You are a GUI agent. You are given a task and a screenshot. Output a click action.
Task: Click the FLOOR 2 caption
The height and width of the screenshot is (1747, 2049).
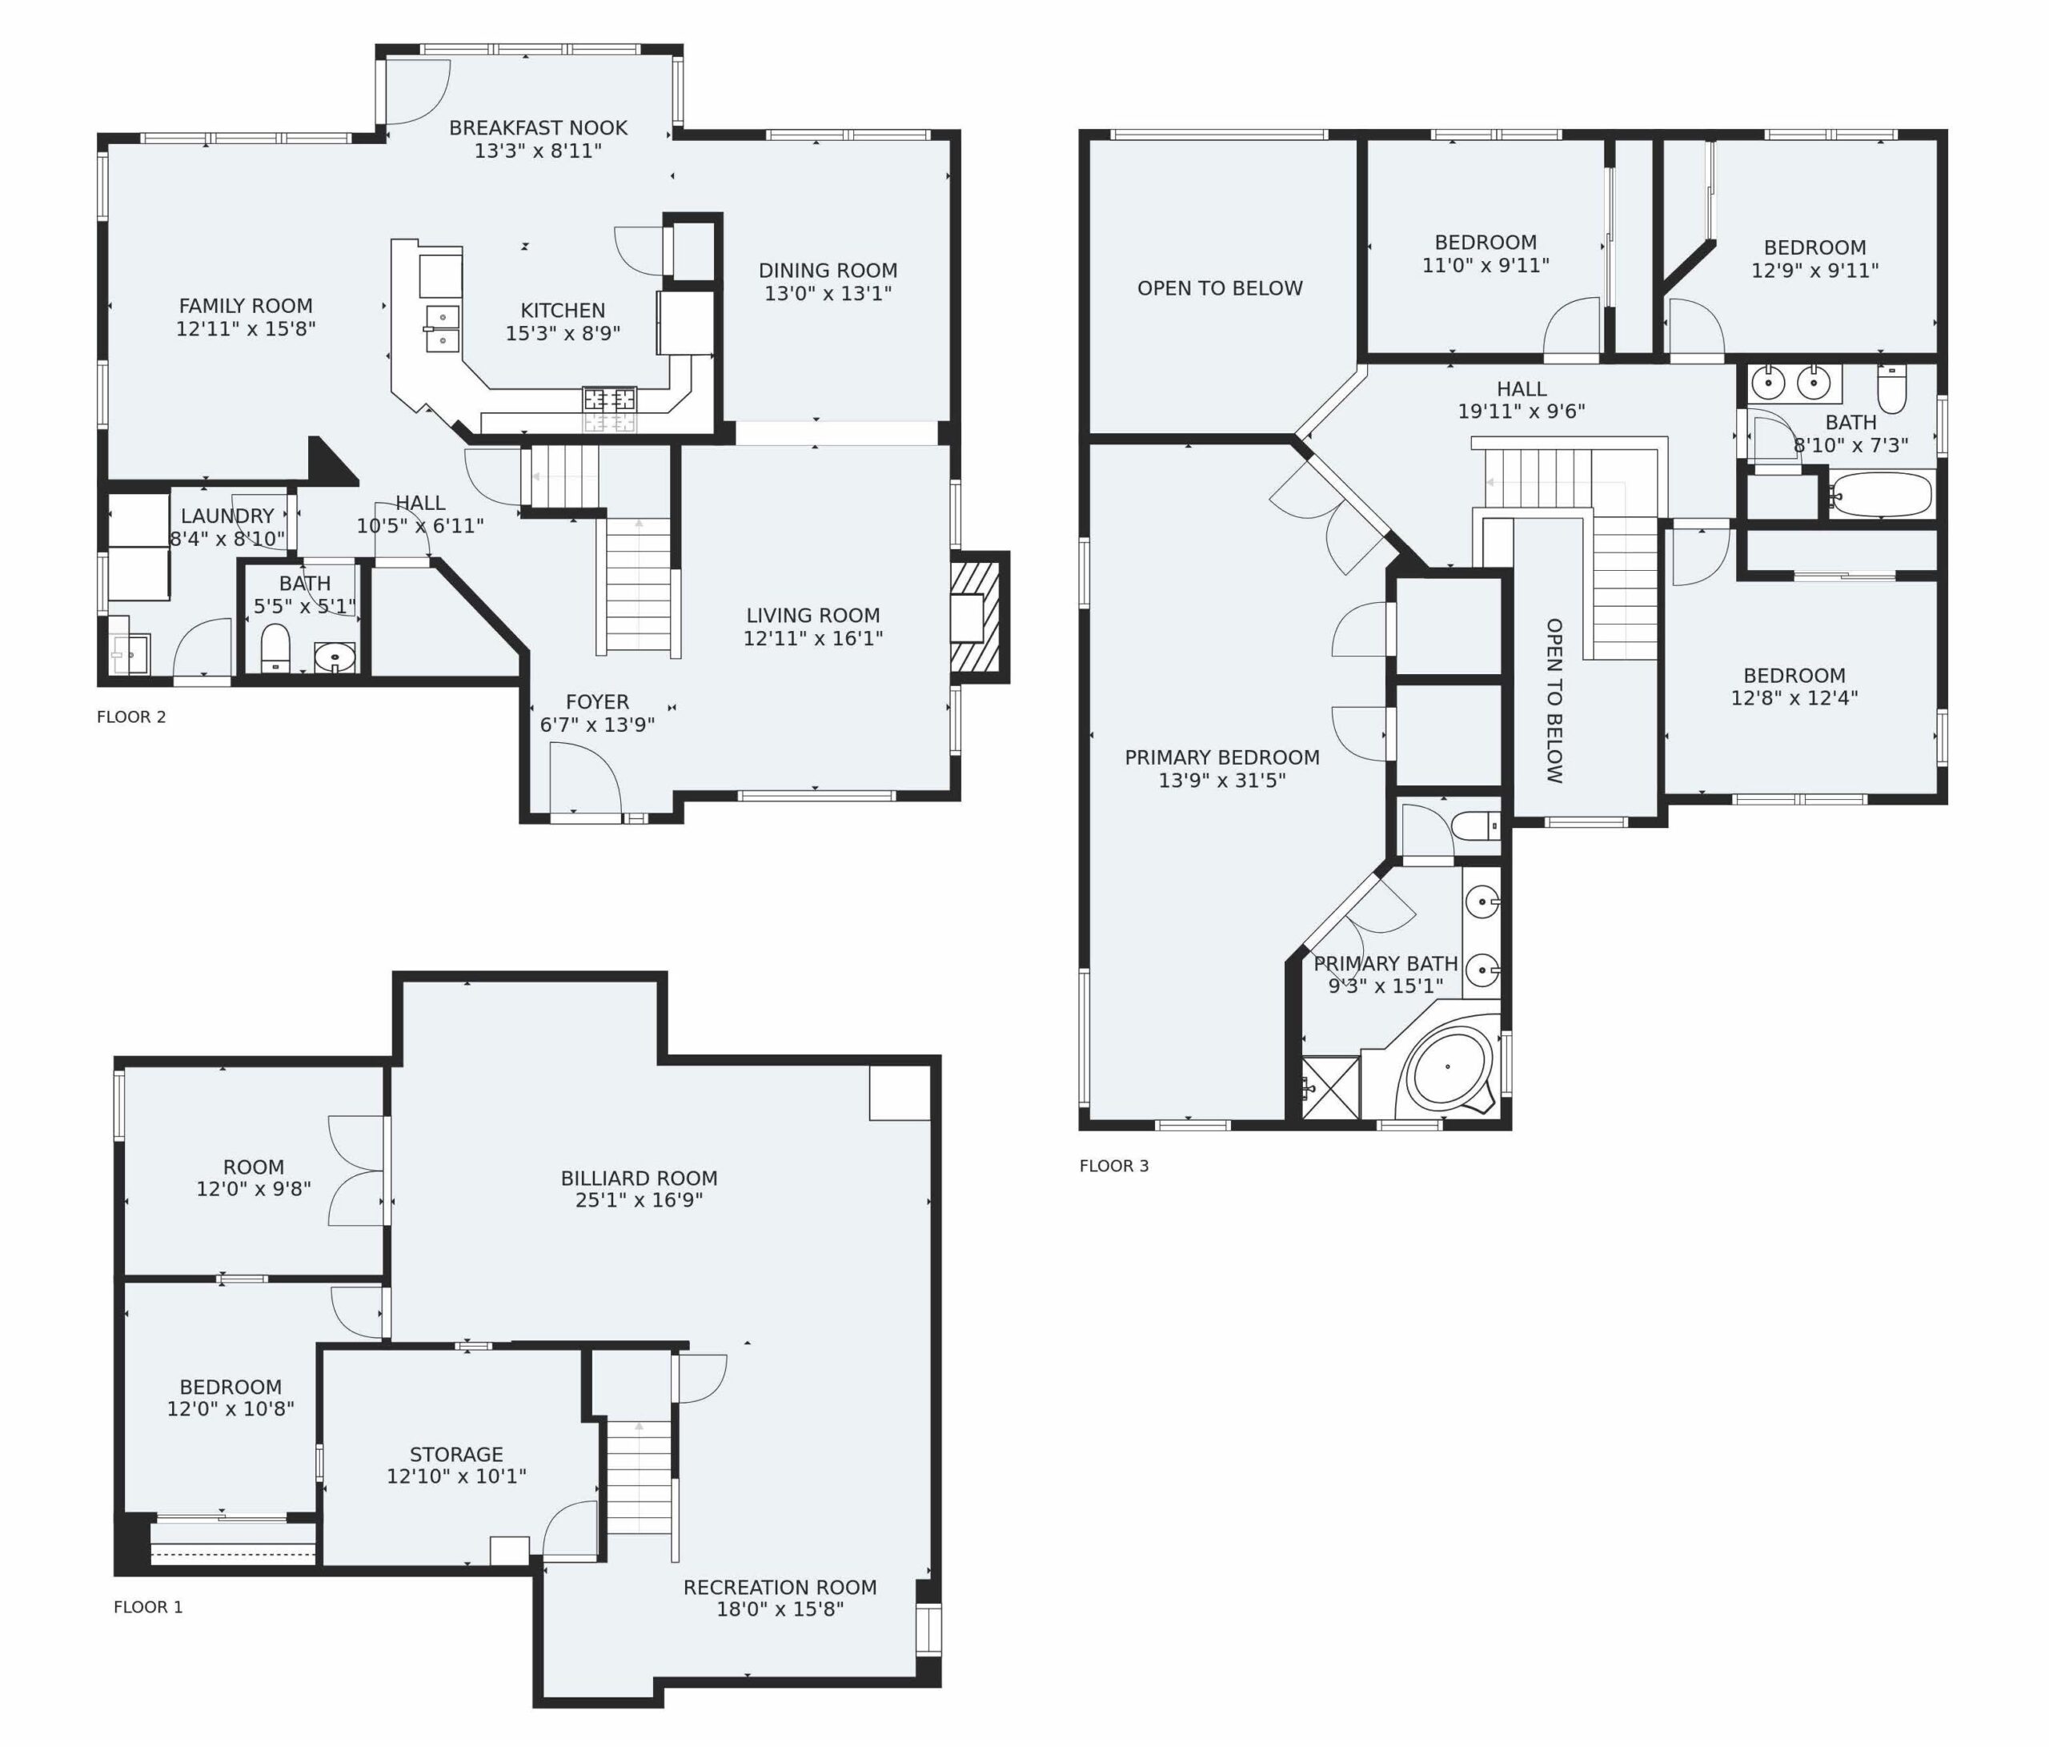pos(131,717)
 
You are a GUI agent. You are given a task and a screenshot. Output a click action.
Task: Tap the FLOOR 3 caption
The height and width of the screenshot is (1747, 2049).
pos(1114,1167)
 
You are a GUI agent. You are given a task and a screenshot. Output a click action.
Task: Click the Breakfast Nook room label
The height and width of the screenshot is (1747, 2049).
pos(538,127)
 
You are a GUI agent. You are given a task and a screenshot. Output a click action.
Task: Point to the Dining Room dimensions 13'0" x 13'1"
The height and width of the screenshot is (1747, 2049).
pos(828,294)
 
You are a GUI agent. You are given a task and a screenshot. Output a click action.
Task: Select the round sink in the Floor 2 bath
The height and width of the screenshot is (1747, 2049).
pos(335,657)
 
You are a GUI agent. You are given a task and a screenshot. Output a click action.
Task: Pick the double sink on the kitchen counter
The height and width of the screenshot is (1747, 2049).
pos(442,327)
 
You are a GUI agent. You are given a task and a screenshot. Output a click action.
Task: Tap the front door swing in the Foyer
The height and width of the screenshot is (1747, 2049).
pos(585,778)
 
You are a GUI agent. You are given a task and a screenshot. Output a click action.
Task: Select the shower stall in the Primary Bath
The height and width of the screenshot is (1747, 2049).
pos(1331,1088)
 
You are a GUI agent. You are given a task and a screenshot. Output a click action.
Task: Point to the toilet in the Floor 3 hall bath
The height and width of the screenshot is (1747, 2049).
pos(1891,389)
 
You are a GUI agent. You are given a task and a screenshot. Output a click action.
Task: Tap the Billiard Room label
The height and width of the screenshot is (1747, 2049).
pos(639,1179)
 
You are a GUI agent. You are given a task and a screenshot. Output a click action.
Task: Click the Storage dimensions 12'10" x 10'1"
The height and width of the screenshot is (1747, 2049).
pos(456,1476)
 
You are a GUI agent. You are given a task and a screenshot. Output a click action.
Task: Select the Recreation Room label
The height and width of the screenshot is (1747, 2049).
pos(780,1588)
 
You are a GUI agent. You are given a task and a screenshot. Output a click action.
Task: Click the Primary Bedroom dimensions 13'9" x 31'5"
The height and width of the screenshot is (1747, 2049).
pos(1222,781)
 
